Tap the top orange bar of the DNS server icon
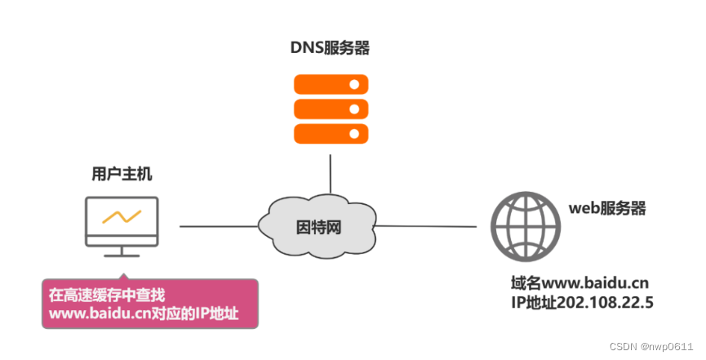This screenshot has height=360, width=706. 331,85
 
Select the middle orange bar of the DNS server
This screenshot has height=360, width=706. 331,108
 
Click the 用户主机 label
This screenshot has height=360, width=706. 121,174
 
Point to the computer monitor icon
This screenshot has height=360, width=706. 122,220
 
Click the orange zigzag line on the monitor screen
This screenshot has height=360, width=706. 122,217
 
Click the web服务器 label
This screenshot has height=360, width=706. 606,208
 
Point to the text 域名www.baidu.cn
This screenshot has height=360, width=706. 579,284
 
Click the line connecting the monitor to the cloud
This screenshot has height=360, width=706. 217,225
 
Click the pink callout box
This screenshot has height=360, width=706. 149,304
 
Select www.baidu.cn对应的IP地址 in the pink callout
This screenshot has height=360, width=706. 144,313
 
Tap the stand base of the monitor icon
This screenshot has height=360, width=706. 122,253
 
